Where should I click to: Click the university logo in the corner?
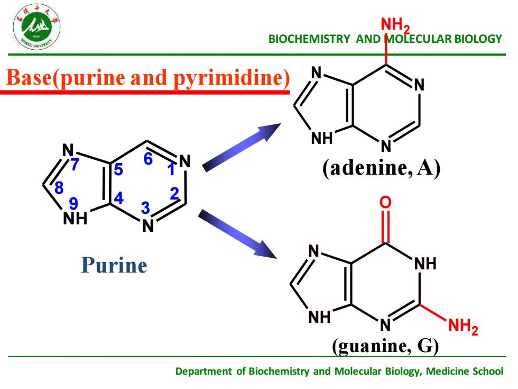coord(36,27)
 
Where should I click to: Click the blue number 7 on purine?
coord(75,164)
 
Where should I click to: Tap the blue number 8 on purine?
coord(59,187)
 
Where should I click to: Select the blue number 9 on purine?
coord(73,203)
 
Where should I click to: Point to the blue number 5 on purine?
coord(118,169)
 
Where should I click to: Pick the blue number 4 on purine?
coord(118,198)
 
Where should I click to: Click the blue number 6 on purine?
coord(148,159)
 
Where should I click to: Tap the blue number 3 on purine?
coord(145,207)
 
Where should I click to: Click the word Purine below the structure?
coord(114,265)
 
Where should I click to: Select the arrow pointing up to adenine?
coord(242,147)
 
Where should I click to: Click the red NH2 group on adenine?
coord(395,25)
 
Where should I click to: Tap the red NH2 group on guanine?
coord(463,327)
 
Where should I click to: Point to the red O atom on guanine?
coord(385,202)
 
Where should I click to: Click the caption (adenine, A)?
coord(382,168)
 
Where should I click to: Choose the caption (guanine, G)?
coord(385,346)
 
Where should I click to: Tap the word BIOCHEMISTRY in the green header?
coord(309,39)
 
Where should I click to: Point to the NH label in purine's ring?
coord(75,219)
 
